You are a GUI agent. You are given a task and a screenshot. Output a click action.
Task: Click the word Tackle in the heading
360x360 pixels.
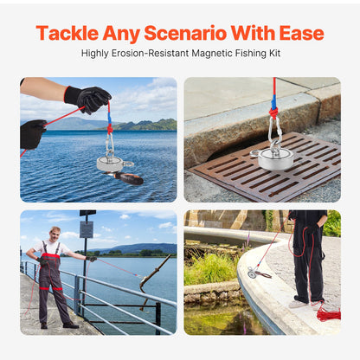tap(67, 33)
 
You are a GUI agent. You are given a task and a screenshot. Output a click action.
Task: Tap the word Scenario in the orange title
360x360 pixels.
tap(185, 33)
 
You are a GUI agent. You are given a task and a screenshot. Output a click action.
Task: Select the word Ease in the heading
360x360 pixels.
tap(301, 33)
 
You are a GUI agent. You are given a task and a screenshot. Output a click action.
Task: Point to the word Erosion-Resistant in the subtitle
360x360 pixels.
tap(150, 53)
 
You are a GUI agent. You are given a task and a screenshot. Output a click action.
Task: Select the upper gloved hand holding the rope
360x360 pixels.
tap(88, 99)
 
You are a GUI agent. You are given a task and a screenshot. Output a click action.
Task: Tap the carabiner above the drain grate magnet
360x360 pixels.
tap(274, 130)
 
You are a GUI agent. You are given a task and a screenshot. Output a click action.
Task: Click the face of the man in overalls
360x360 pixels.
tap(55, 235)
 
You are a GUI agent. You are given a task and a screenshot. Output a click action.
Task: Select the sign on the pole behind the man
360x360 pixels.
tap(87, 229)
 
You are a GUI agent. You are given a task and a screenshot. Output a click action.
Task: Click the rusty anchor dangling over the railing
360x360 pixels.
tap(153, 277)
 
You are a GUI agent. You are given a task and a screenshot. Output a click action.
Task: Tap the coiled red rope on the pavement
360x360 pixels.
tap(328, 314)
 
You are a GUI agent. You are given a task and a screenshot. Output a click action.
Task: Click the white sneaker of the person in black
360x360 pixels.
tap(298, 304)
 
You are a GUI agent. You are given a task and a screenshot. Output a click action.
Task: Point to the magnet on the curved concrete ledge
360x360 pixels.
tap(253, 273)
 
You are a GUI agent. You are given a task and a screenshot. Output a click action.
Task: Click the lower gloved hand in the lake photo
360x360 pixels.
tap(33, 134)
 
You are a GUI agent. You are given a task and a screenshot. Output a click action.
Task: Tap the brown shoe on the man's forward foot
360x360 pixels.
tap(71, 325)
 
